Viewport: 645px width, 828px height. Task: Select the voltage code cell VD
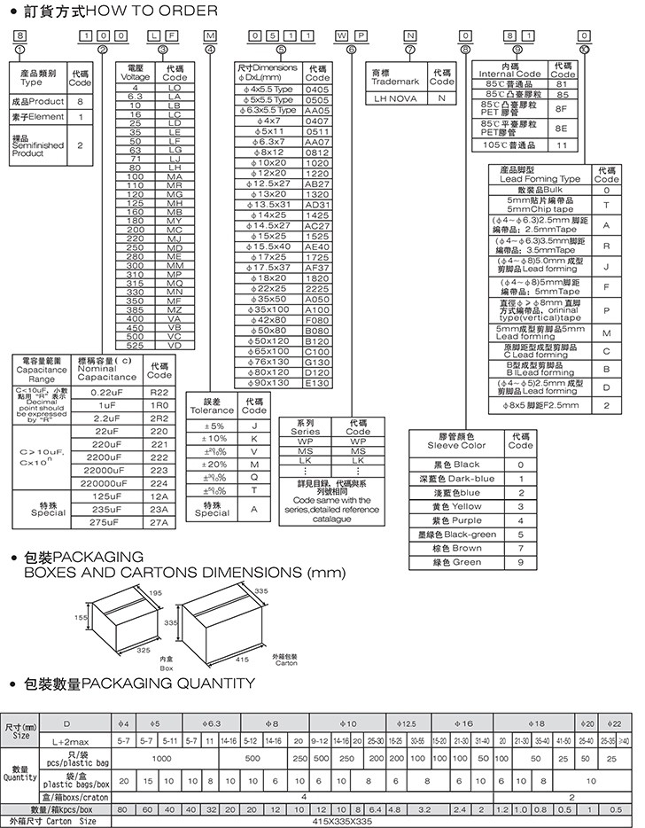click(x=174, y=346)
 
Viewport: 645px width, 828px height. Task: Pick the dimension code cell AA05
click(x=316, y=110)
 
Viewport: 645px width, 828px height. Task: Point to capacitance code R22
click(x=159, y=391)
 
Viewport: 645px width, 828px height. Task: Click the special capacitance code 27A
click(x=159, y=523)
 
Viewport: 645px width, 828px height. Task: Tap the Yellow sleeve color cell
click(x=457, y=506)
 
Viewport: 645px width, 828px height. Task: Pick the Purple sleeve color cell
click(x=457, y=520)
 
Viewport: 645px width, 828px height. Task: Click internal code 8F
click(x=561, y=107)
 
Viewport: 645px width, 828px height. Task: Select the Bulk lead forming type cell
click(x=540, y=190)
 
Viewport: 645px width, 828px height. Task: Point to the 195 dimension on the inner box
click(x=156, y=592)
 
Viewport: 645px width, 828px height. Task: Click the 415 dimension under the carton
click(x=242, y=660)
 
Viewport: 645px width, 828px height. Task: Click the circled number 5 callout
click(x=281, y=50)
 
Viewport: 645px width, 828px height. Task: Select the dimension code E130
click(x=316, y=383)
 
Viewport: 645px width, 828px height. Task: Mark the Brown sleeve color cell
click(x=457, y=549)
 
